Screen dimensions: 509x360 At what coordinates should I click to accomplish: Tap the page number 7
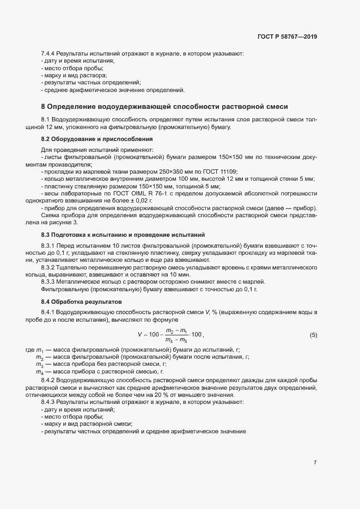click(315, 462)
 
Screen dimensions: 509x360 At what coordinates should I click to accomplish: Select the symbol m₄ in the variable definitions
click(39, 370)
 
